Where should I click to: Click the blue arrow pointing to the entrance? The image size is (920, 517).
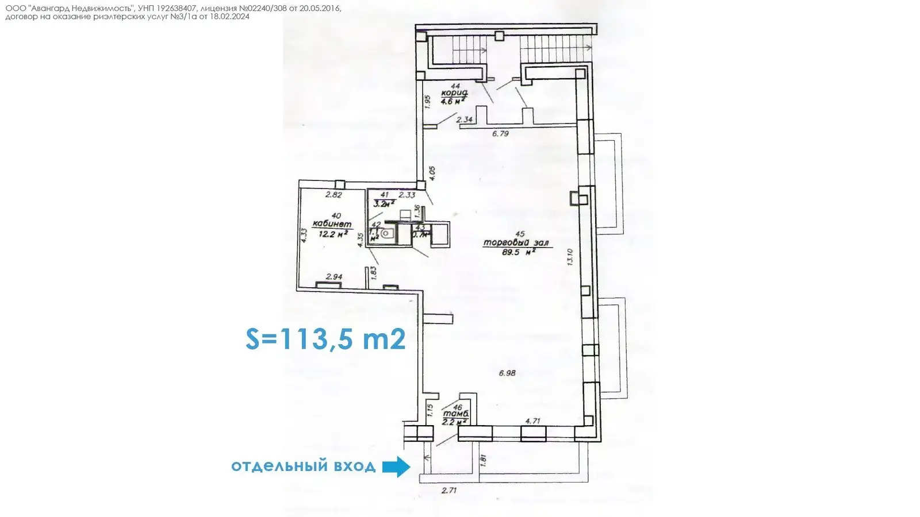[x=396, y=466]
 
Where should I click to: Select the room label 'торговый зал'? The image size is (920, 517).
[x=516, y=243]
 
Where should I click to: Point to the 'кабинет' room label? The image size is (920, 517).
[x=332, y=224]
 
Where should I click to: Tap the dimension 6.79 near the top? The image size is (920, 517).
[x=500, y=134]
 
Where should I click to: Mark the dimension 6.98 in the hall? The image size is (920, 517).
[x=507, y=373]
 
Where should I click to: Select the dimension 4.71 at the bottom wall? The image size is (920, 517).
[x=532, y=421]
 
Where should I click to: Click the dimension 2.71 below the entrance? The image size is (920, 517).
[x=448, y=491]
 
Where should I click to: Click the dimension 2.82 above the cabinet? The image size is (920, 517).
[x=333, y=195]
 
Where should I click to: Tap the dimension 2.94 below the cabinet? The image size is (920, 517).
[x=333, y=277]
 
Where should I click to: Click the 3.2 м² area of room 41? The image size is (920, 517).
[x=384, y=203]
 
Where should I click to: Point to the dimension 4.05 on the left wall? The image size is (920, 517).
[x=432, y=173]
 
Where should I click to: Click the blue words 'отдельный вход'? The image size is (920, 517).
[x=303, y=466]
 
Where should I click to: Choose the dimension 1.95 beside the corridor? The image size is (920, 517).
[x=427, y=102]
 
